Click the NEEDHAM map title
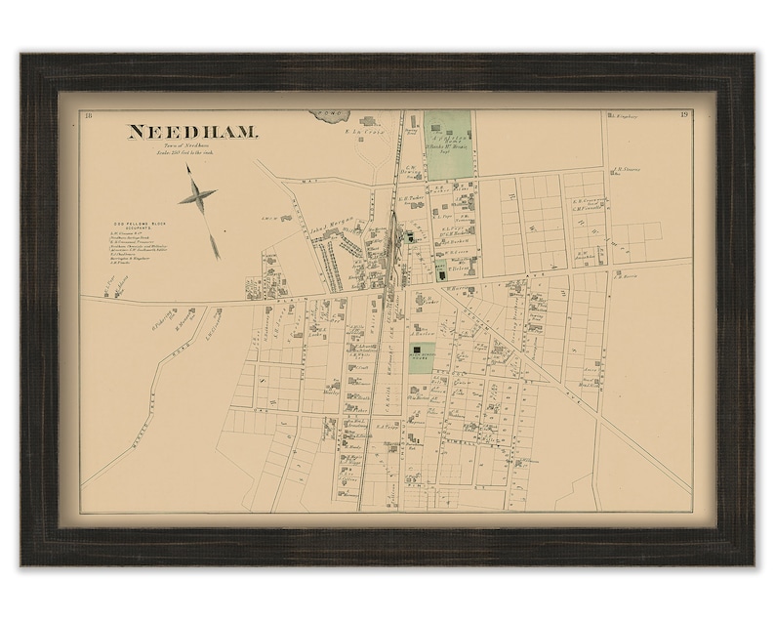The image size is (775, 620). (191, 132)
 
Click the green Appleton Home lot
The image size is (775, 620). (448, 145)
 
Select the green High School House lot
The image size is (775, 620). (422, 358)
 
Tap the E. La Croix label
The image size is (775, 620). (370, 132)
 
